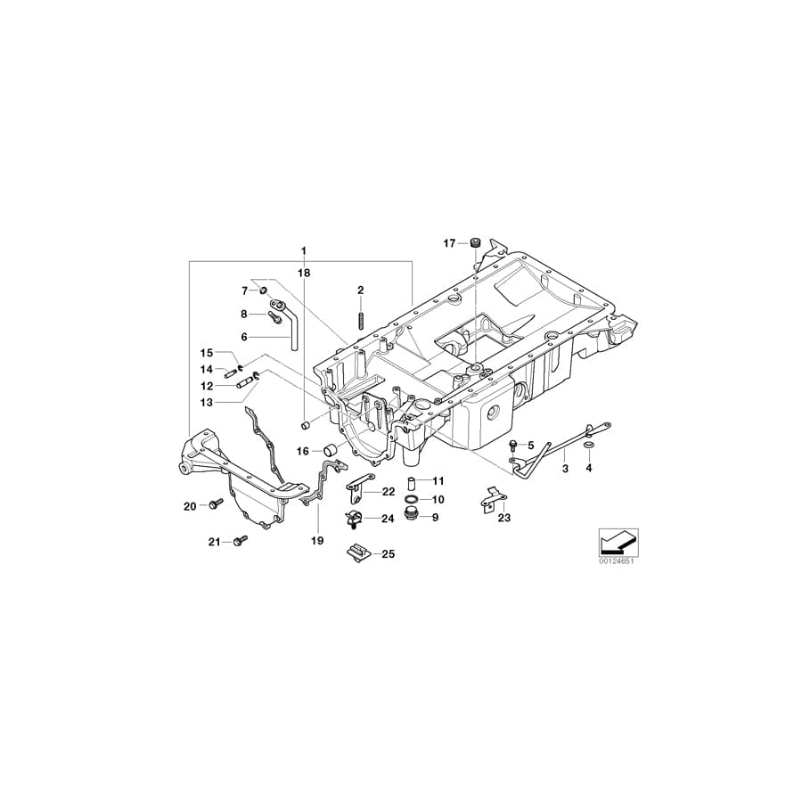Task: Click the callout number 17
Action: point(449,242)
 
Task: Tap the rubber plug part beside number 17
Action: point(476,242)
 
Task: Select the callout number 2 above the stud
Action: point(361,290)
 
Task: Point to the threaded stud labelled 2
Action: point(361,319)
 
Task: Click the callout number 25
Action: point(388,554)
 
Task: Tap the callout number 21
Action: point(214,541)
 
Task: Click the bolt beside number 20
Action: point(216,505)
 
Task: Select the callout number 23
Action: point(504,518)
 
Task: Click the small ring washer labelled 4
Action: point(587,445)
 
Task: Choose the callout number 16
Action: point(303,452)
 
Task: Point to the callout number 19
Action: point(315,540)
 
